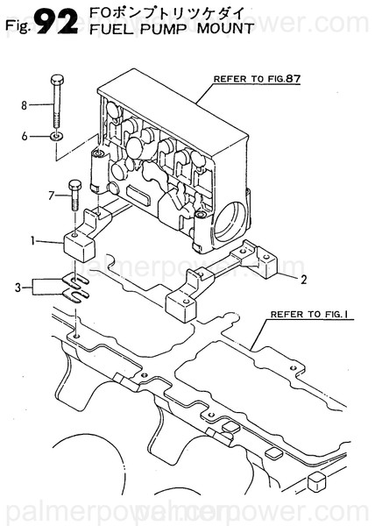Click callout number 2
302,281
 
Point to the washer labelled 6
56,137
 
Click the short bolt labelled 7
73,196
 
